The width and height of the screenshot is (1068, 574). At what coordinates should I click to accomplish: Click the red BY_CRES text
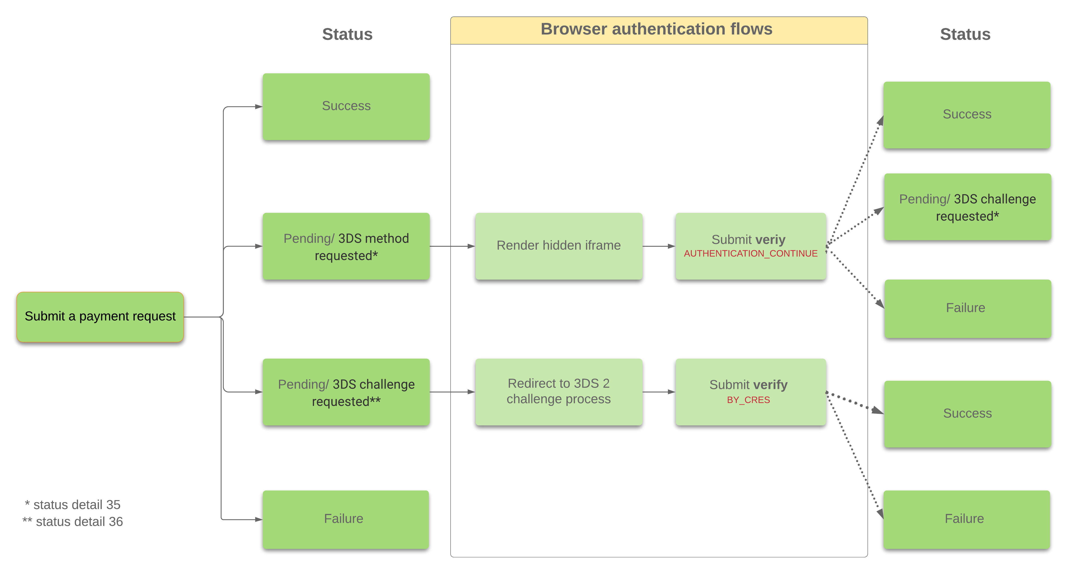(x=748, y=400)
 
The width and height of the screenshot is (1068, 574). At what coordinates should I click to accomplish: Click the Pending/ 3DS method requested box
(x=346, y=246)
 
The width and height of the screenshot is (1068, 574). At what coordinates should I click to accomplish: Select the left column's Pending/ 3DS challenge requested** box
(x=346, y=392)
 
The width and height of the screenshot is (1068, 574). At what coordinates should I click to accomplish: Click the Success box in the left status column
(x=346, y=107)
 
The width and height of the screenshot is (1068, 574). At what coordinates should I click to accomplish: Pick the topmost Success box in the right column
(x=967, y=115)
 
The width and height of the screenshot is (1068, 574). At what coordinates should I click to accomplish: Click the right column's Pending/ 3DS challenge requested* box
(x=968, y=207)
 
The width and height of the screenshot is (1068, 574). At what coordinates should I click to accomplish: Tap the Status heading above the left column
(x=347, y=34)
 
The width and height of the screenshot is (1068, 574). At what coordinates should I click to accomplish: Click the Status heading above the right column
(x=965, y=34)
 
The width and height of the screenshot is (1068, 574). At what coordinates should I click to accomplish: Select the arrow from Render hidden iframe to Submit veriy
(x=659, y=246)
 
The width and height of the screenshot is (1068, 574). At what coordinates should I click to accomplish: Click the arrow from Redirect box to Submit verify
(x=659, y=392)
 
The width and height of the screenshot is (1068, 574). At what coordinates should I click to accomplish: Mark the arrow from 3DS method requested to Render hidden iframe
(x=452, y=246)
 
